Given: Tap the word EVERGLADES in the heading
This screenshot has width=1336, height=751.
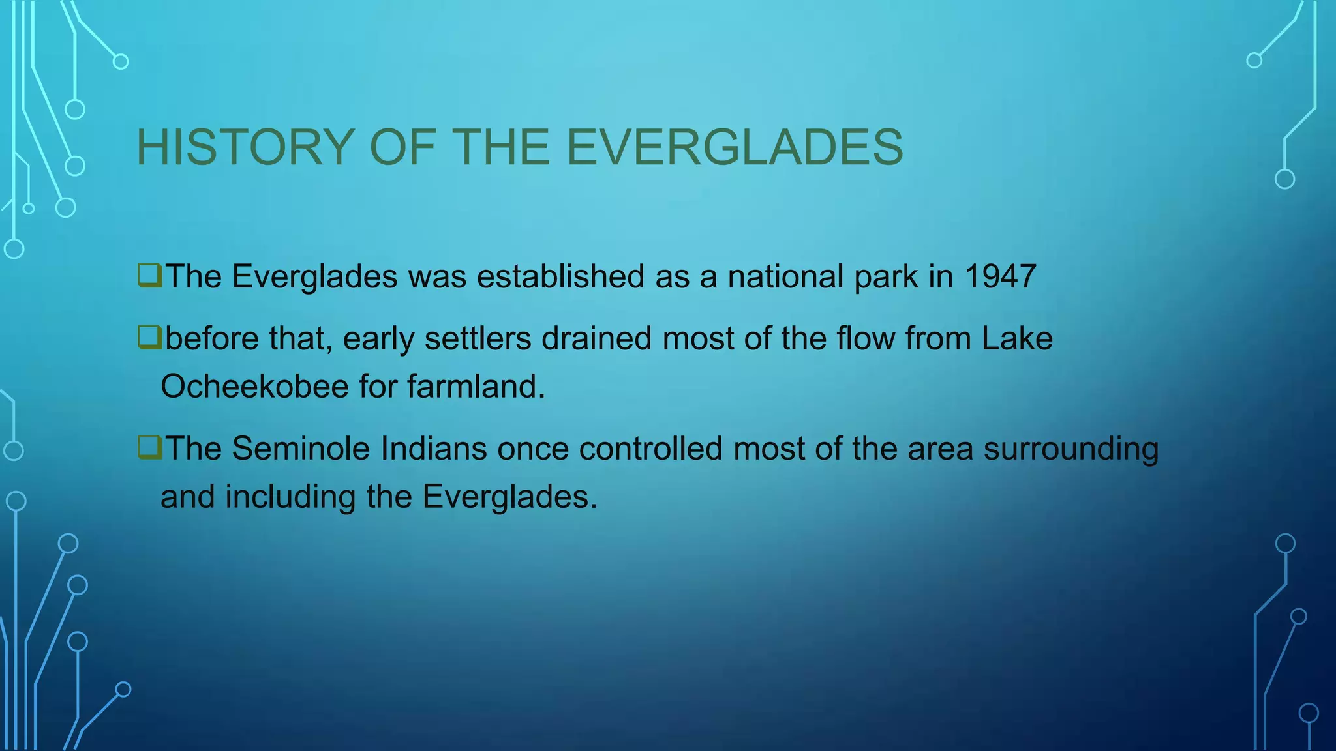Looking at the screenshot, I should (735, 147).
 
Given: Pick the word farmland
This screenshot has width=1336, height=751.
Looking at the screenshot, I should (476, 387).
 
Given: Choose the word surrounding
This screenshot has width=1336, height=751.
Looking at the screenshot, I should (1071, 449).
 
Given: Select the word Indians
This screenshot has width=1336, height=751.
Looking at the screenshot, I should (434, 449).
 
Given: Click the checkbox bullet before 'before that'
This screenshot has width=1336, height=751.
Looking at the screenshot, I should (149, 338).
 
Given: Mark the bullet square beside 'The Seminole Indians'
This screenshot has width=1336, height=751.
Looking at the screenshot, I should (149, 448).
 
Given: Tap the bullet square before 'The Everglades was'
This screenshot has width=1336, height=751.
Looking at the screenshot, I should (149, 275).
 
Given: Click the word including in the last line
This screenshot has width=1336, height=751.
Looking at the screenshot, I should (290, 497).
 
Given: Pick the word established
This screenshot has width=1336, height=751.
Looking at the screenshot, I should (560, 276).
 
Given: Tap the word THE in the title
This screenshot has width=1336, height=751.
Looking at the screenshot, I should (501, 147).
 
